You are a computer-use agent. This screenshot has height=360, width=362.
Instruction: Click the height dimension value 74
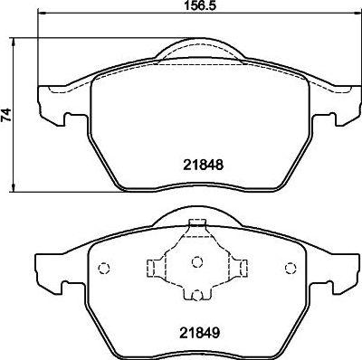click(x=8, y=115)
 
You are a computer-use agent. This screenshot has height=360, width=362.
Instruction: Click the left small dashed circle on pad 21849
click(x=103, y=268)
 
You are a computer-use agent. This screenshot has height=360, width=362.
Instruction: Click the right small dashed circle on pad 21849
click(x=290, y=268)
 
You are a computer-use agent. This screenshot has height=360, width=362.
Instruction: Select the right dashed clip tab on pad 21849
click(x=241, y=266)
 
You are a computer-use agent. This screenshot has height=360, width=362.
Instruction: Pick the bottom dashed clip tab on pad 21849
click(x=196, y=295)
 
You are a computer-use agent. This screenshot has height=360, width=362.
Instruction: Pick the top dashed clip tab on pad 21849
click(x=196, y=227)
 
